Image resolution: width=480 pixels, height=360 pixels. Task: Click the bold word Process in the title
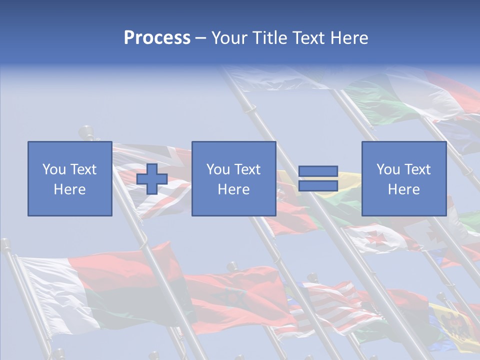point(157,38)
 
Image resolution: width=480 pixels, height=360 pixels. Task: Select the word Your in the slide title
point(230,38)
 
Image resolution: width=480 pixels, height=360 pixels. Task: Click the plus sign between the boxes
point(152,179)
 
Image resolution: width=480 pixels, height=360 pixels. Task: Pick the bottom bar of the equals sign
point(318,186)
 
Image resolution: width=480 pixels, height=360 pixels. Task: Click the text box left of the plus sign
point(70,179)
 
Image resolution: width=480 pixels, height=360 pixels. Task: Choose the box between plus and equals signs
point(233,179)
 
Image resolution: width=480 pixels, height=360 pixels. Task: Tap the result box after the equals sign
point(404,179)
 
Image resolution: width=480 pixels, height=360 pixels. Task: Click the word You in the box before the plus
point(54,169)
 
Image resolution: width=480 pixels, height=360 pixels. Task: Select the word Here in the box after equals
point(404,189)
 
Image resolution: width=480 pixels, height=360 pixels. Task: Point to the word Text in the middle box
point(247,169)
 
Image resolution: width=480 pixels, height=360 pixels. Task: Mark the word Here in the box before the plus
point(70,189)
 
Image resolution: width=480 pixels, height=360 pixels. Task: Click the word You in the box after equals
point(388,169)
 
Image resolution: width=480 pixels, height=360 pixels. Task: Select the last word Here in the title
point(348,38)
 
